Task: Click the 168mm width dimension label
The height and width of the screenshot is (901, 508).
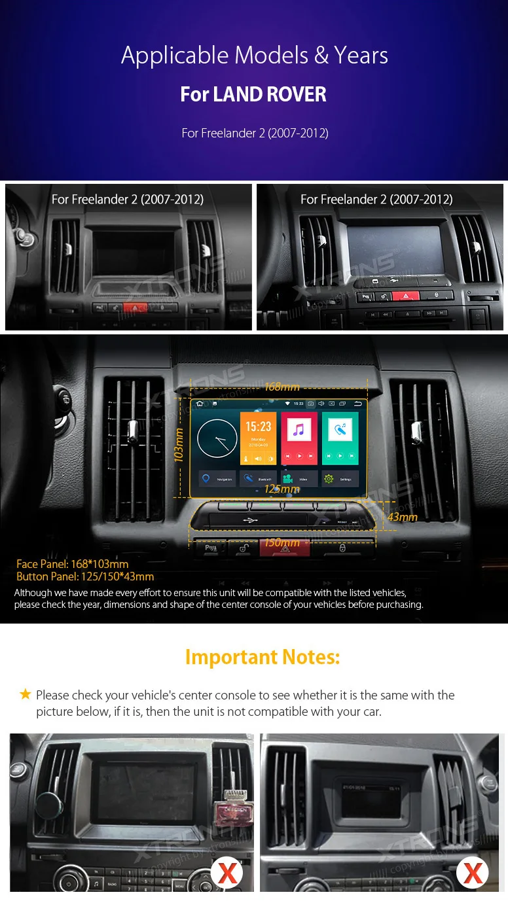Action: click(281, 387)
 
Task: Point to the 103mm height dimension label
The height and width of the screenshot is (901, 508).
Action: click(179, 445)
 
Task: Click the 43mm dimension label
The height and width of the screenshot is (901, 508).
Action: click(402, 517)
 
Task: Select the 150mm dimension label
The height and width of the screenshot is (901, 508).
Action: click(281, 542)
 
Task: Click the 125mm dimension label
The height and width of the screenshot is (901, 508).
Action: click(281, 489)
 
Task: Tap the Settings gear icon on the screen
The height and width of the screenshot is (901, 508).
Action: click(329, 479)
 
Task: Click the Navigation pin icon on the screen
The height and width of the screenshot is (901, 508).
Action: click(206, 479)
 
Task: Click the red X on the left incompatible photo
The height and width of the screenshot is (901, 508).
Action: click(227, 872)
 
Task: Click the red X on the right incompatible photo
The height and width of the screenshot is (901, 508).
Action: click(472, 872)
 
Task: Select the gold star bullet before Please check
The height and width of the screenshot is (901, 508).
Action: click(26, 694)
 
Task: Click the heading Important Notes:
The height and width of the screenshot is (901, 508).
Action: click(263, 656)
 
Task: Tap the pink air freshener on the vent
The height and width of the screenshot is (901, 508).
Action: click(234, 815)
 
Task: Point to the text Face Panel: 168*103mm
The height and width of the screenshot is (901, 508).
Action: click(73, 564)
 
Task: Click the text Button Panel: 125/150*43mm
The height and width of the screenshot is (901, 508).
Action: click(85, 576)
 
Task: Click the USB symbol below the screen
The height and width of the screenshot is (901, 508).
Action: click(249, 520)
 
